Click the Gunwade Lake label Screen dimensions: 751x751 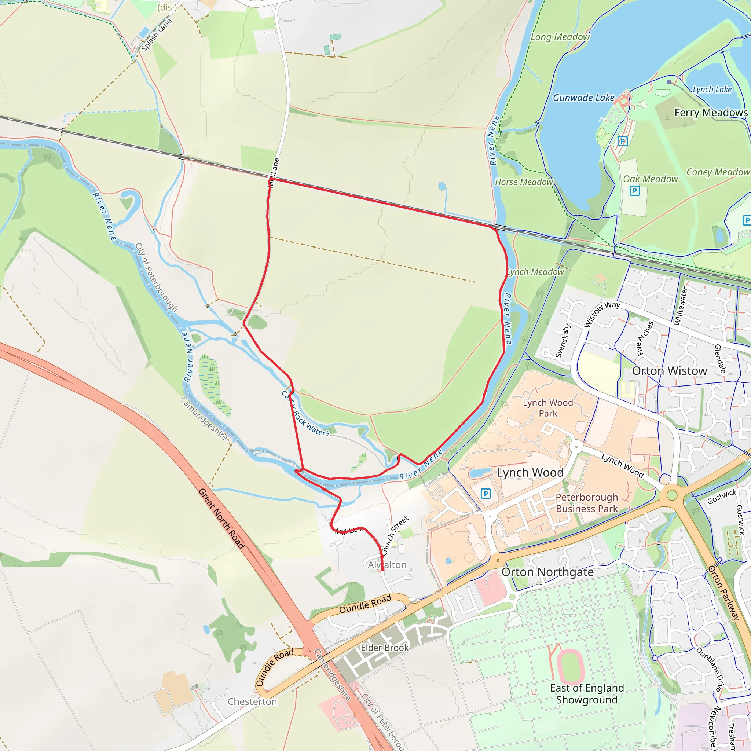pyautogui.click(x=583, y=98)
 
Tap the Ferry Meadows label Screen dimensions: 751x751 pyautogui.click(x=711, y=113)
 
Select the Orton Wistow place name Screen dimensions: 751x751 pyautogui.click(x=669, y=371)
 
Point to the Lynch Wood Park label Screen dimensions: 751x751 pyautogui.click(x=548, y=408)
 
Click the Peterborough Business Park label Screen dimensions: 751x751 pyautogui.click(x=587, y=503)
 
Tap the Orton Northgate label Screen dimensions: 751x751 pyautogui.click(x=547, y=572)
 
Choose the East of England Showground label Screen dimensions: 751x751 pyautogui.click(x=587, y=694)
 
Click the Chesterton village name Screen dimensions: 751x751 pyautogui.click(x=252, y=701)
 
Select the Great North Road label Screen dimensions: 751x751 pyautogui.click(x=221, y=519)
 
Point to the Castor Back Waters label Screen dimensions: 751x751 pyautogui.click(x=305, y=414)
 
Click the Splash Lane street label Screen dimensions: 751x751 pyautogui.click(x=156, y=35)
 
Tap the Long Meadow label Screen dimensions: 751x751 pyautogui.click(x=560, y=37)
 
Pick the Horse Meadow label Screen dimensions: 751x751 pyautogui.click(x=524, y=182)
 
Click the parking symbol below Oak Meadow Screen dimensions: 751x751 pyautogui.click(x=634, y=191)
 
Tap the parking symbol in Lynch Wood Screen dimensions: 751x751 pyautogui.click(x=486, y=494)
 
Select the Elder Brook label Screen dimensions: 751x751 pyautogui.click(x=384, y=648)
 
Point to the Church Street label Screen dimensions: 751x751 pyautogui.click(x=395, y=536)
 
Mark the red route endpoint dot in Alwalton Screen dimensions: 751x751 pyautogui.click(x=382, y=569)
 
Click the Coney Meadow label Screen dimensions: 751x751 pyautogui.click(x=718, y=172)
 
